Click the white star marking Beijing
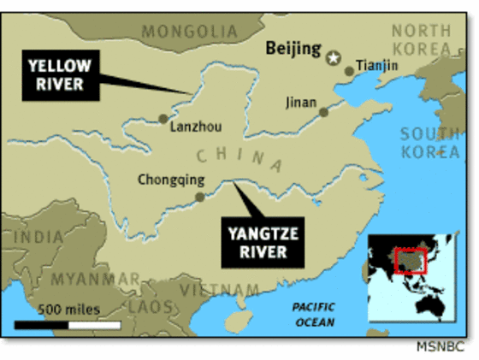[333, 58]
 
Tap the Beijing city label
[293, 49]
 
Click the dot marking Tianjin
[349, 71]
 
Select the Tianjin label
[376, 64]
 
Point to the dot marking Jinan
[323, 112]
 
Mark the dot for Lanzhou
[163, 119]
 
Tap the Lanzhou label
[196, 127]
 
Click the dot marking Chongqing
[199, 197]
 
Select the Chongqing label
[172, 180]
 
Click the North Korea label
[421, 38]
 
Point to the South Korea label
[430, 143]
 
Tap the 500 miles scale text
[68, 309]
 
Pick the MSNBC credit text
[439, 347]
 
